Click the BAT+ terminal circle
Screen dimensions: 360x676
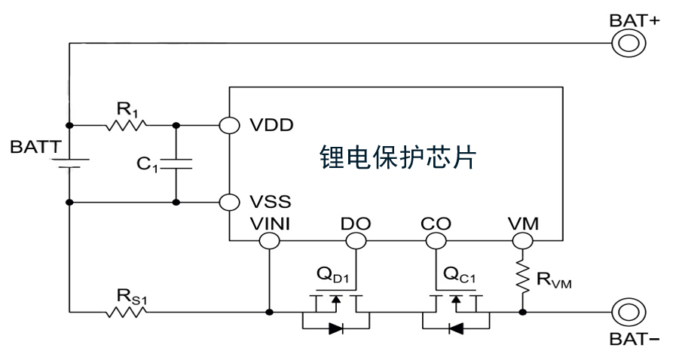(627, 43)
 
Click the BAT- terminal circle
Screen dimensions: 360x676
(627, 310)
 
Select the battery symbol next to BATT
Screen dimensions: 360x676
(69, 163)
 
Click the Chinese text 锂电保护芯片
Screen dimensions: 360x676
(398, 159)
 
